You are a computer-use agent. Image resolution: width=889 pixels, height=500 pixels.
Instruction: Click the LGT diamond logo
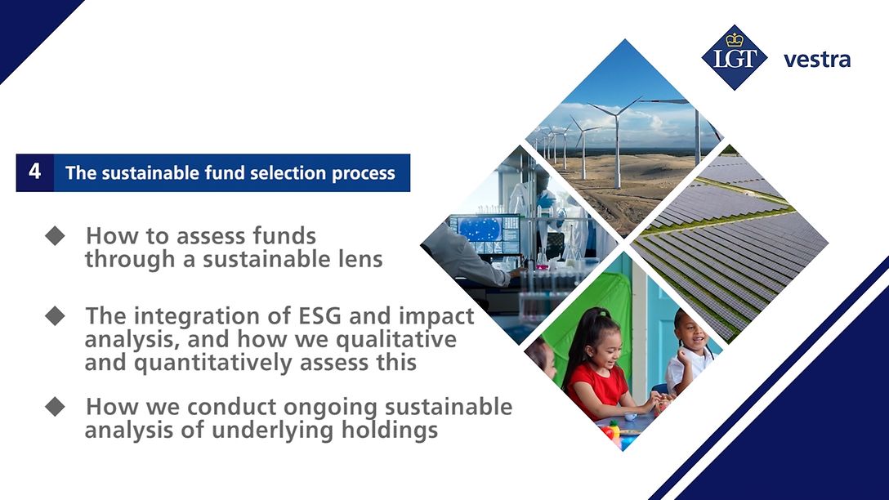tap(735, 57)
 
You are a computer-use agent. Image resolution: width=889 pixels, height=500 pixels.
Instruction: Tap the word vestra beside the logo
tap(816, 60)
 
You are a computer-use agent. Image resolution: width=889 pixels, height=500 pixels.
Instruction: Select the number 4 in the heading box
tap(35, 172)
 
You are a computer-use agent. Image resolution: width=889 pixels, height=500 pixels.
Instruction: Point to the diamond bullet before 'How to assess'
tap(55, 236)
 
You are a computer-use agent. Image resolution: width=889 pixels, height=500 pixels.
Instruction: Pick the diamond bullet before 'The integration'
tap(55, 316)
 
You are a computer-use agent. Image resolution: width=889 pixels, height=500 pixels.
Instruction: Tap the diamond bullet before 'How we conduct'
tap(55, 406)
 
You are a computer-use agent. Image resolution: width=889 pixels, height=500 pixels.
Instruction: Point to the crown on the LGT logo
tap(734, 39)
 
